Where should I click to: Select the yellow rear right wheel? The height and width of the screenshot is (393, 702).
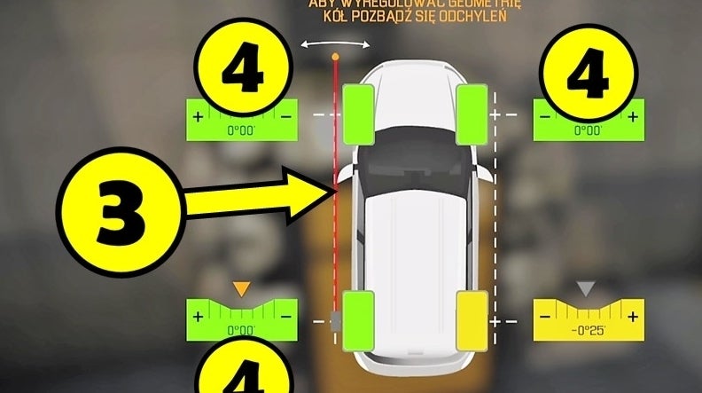point(472,320)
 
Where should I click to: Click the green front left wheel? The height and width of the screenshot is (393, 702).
point(358,114)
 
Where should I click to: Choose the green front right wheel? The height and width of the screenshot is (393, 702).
point(472,114)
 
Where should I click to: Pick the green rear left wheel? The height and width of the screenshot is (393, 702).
point(358,320)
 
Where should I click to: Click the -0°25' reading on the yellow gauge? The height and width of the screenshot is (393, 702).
point(585,331)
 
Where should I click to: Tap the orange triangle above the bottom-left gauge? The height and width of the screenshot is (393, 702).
point(238,289)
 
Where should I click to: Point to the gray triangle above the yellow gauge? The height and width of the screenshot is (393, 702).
point(584,289)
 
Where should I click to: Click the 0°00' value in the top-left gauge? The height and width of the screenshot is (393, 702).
point(239,130)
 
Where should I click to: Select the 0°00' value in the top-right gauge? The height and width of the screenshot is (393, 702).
point(586,130)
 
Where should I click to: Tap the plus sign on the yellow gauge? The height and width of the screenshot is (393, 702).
point(632,317)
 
